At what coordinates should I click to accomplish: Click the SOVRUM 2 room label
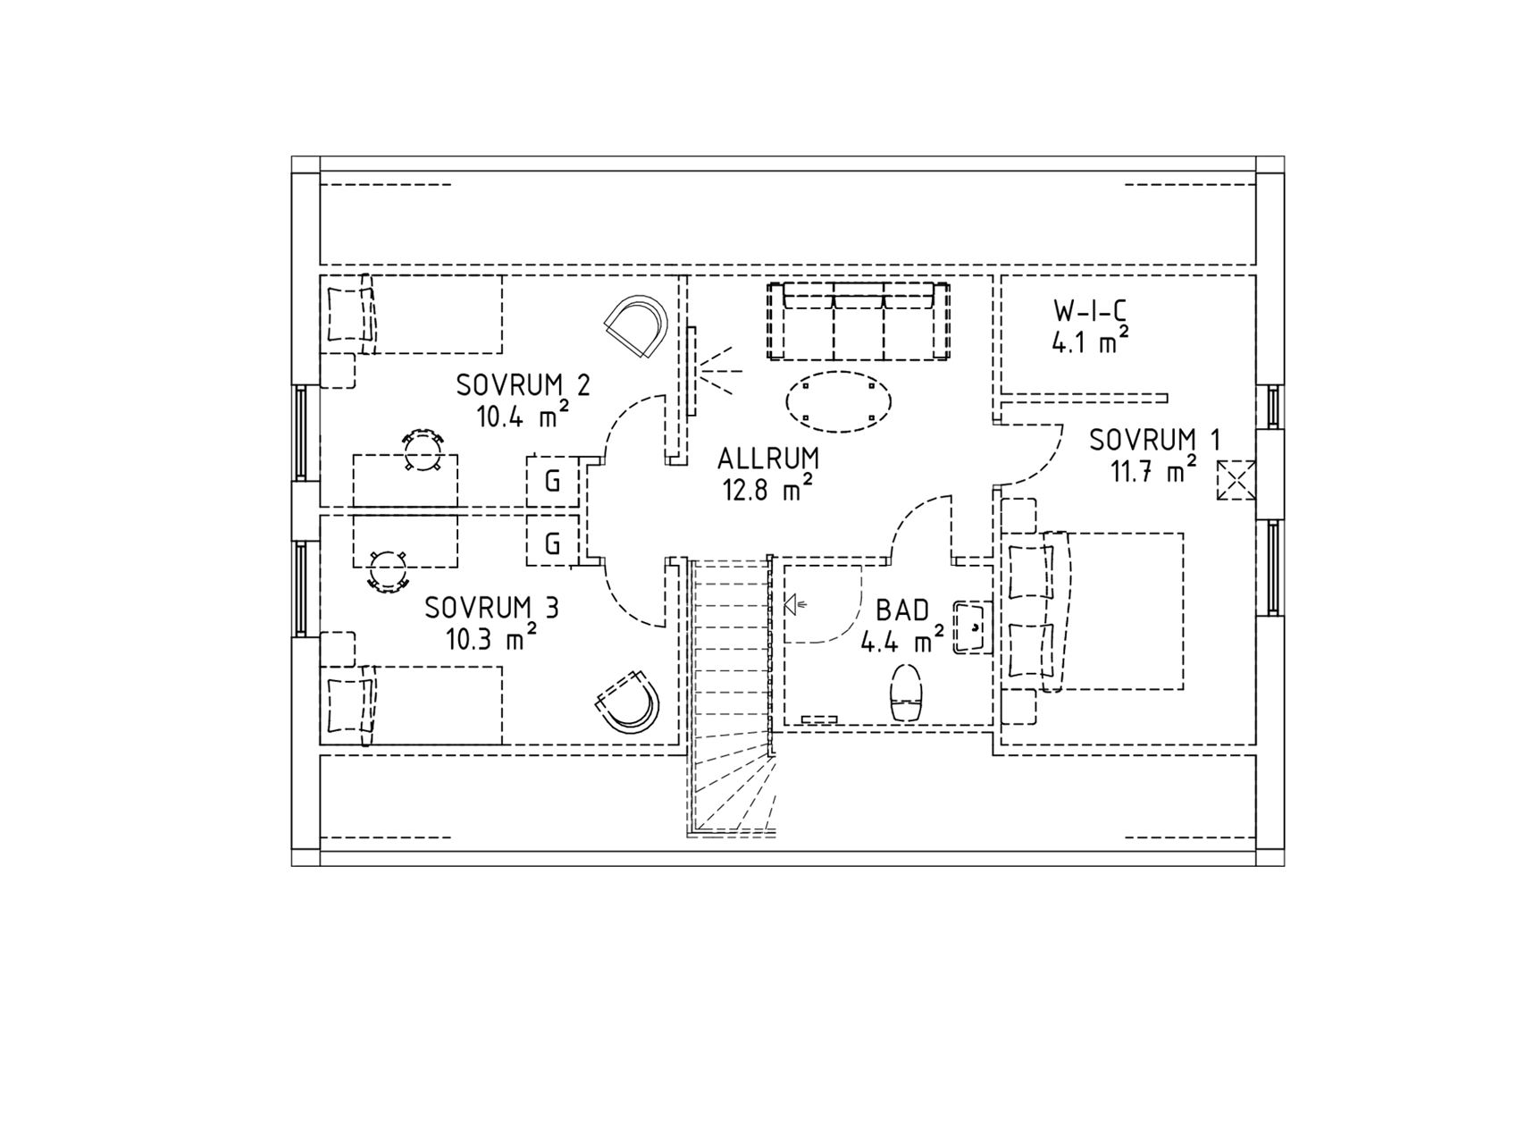[x=523, y=386]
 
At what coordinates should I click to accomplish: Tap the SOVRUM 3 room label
[x=491, y=609]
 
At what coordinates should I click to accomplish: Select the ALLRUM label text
[x=768, y=458]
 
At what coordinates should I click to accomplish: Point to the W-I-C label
[x=1090, y=311]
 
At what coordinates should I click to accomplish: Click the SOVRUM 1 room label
[x=1154, y=440]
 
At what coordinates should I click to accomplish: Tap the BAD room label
[x=902, y=610]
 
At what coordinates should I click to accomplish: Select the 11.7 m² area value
[x=1154, y=469]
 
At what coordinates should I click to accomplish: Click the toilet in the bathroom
[x=906, y=693]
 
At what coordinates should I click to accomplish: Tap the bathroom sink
[x=970, y=627]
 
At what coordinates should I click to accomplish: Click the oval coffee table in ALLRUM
[x=837, y=401]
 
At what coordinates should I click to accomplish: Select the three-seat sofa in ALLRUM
[x=858, y=321]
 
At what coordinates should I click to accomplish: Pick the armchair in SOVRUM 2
[x=637, y=326]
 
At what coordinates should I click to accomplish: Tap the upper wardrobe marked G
[x=553, y=482]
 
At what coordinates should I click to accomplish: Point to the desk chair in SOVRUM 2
[x=422, y=450]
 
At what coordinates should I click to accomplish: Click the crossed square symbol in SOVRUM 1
[x=1236, y=481]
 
